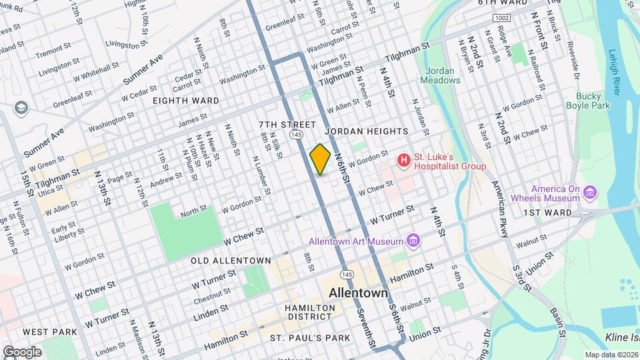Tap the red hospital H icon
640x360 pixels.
[x=403, y=161]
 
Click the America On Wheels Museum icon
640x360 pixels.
[x=589, y=193]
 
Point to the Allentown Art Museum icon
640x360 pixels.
[x=413, y=241]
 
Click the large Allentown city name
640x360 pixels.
[x=359, y=293]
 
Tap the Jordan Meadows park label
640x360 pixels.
[x=440, y=75]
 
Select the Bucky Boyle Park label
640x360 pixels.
[x=588, y=101]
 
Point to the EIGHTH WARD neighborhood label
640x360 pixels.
[x=185, y=101]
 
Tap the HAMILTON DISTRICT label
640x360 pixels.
[x=309, y=313]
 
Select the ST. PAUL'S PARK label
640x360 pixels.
[x=310, y=338]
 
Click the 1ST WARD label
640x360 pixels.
[x=547, y=213]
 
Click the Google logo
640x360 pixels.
[x=21, y=352]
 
